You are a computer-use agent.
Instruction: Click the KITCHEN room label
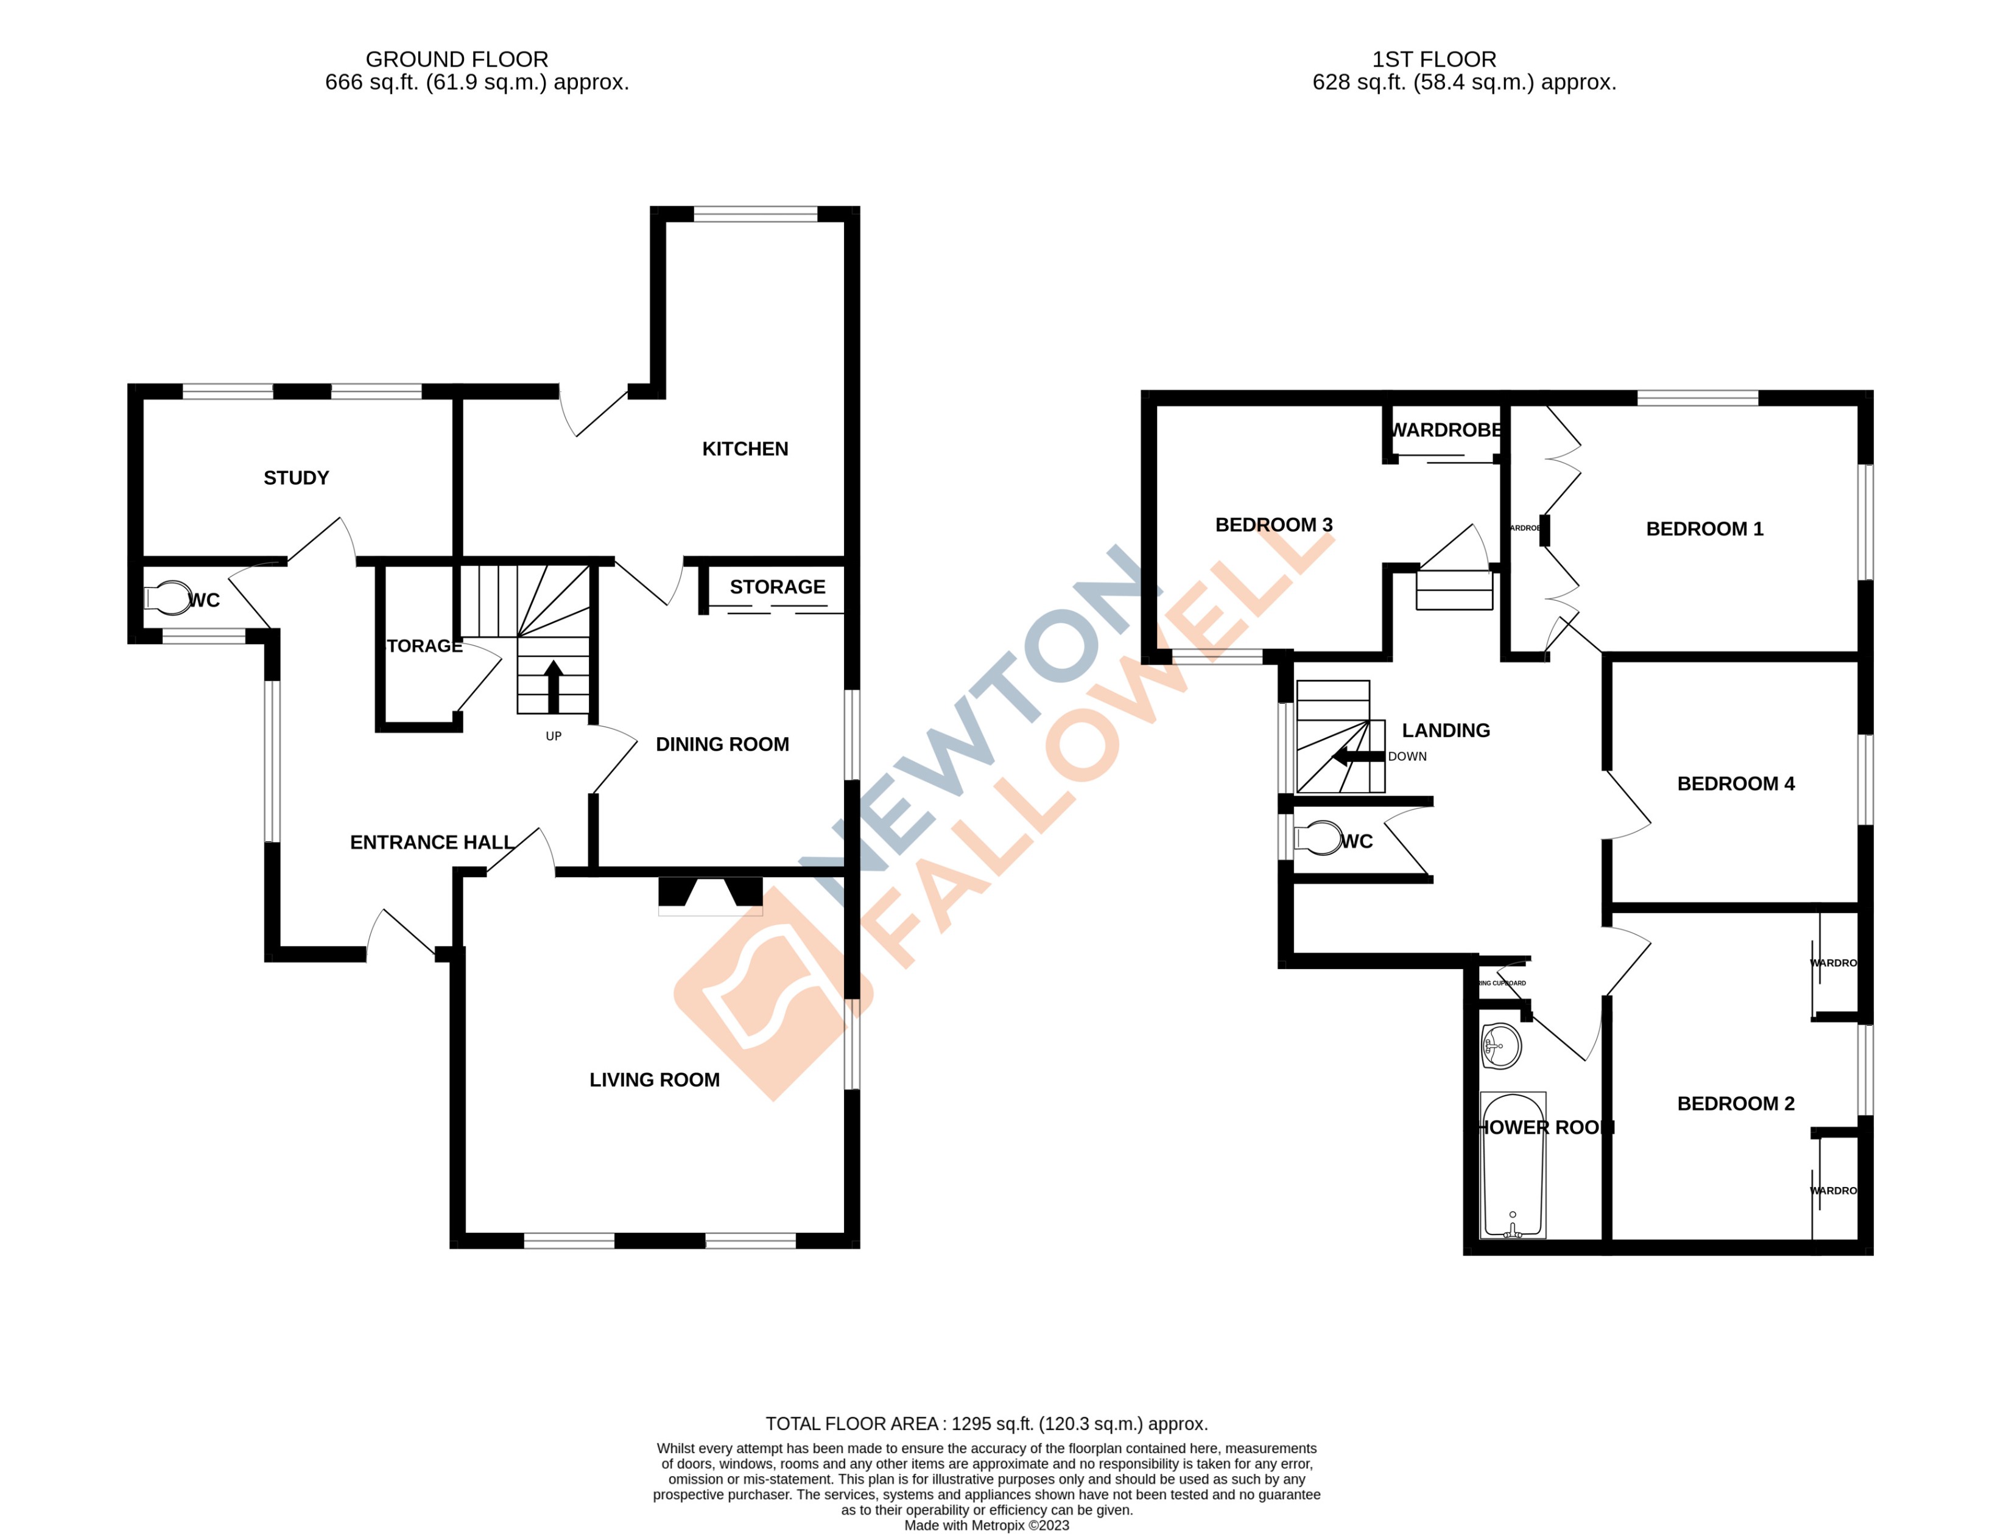click(744, 448)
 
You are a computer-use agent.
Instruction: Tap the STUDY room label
click(296, 477)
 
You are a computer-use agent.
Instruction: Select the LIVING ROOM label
click(654, 1079)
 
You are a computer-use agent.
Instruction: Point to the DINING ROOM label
click(722, 744)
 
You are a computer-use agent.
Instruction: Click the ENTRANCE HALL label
click(431, 842)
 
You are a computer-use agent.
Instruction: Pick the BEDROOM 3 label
click(1273, 524)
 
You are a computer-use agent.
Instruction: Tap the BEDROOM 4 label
click(1735, 783)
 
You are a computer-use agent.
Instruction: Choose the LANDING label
click(1446, 730)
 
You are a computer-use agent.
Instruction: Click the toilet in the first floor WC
click(1316, 838)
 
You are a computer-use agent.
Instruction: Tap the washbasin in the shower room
click(1500, 1046)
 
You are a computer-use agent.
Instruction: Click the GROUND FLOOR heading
click(457, 60)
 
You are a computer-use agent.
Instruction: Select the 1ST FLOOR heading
click(1434, 60)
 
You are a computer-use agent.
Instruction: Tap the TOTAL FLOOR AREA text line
click(986, 1423)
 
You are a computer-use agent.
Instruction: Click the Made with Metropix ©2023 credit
click(986, 1525)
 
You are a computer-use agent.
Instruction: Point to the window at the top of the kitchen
click(755, 214)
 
